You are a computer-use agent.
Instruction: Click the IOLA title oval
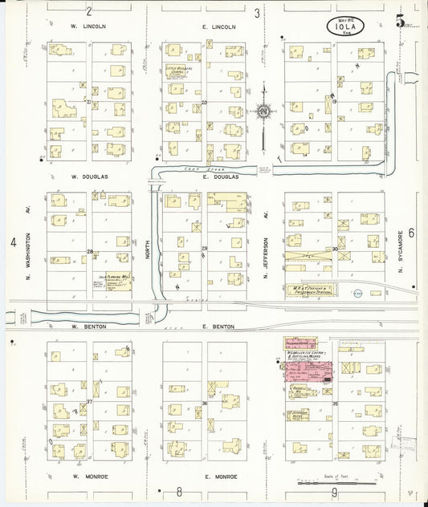click(x=346, y=25)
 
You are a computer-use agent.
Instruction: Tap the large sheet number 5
click(x=399, y=21)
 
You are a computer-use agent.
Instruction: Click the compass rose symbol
click(x=263, y=112)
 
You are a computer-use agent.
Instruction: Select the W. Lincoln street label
click(x=88, y=26)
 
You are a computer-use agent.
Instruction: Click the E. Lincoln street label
click(x=219, y=26)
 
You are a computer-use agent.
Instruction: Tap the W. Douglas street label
click(x=89, y=176)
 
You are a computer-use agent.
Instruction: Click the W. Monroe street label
click(x=88, y=477)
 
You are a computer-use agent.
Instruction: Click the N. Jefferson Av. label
click(x=265, y=245)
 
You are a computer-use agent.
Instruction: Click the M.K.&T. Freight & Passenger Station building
click(x=311, y=290)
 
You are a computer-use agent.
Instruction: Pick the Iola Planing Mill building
click(x=114, y=282)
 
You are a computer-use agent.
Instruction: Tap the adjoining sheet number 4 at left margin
click(x=13, y=241)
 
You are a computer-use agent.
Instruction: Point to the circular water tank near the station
click(x=357, y=294)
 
